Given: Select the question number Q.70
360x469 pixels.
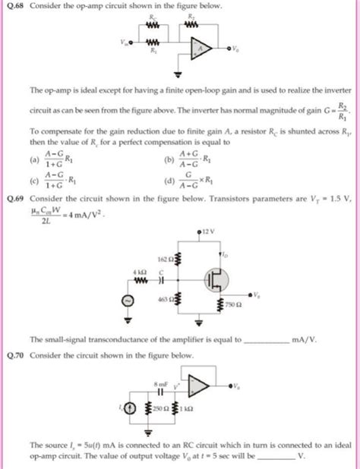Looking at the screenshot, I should coord(14,354).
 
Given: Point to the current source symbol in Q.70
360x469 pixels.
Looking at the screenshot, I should coord(133,410).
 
